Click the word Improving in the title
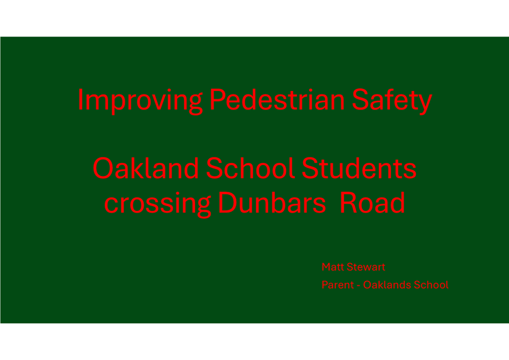pyautogui.click(x=141, y=101)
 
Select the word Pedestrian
pyautogui.click(x=277, y=99)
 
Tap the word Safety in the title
pyautogui.click(x=392, y=101)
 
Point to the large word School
pyautogui.click(x=250, y=168)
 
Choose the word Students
pyautogui.click(x=359, y=168)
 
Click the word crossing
pyautogui.click(x=157, y=205)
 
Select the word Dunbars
pyautogui.click(x=272, y=203)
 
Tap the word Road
pyautogui.click(x=372, y=203)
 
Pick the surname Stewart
pyautogui.click(x=366, y=267)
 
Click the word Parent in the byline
pyautogui.click(x=337, y=285)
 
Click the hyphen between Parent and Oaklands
pyautogui.click(x=359, y=286)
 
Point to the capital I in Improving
pyautogui.click(x=81, y=99)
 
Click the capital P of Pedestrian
pyautogui.click(x=218, y=99)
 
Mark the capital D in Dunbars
pyautogui.click(x=228, y=203)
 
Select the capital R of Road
pyautogui.click(x=349, y=203)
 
